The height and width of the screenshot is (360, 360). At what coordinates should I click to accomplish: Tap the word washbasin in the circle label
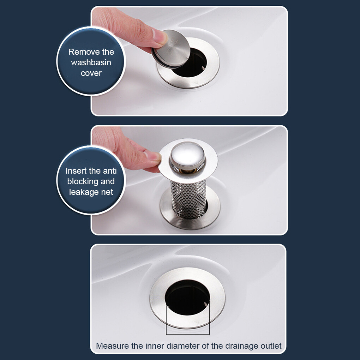pos(91,62)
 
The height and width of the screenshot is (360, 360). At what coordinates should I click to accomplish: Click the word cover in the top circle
pos(91,73)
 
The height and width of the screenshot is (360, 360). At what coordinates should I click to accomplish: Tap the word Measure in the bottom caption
pos(112,346)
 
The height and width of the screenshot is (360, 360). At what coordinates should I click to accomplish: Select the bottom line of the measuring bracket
pos(188,334)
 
